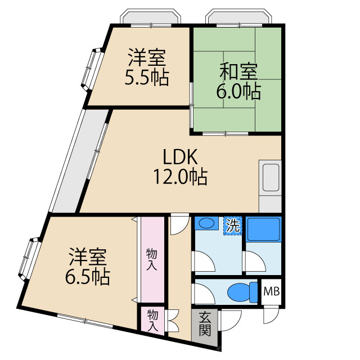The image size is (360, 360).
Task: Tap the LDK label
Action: [179, 157]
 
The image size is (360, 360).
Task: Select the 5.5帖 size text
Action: [146, 76]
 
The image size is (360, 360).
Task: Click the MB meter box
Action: [271, 292]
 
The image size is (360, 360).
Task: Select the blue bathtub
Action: [263, 229]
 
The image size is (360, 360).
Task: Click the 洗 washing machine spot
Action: [232, 226]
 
